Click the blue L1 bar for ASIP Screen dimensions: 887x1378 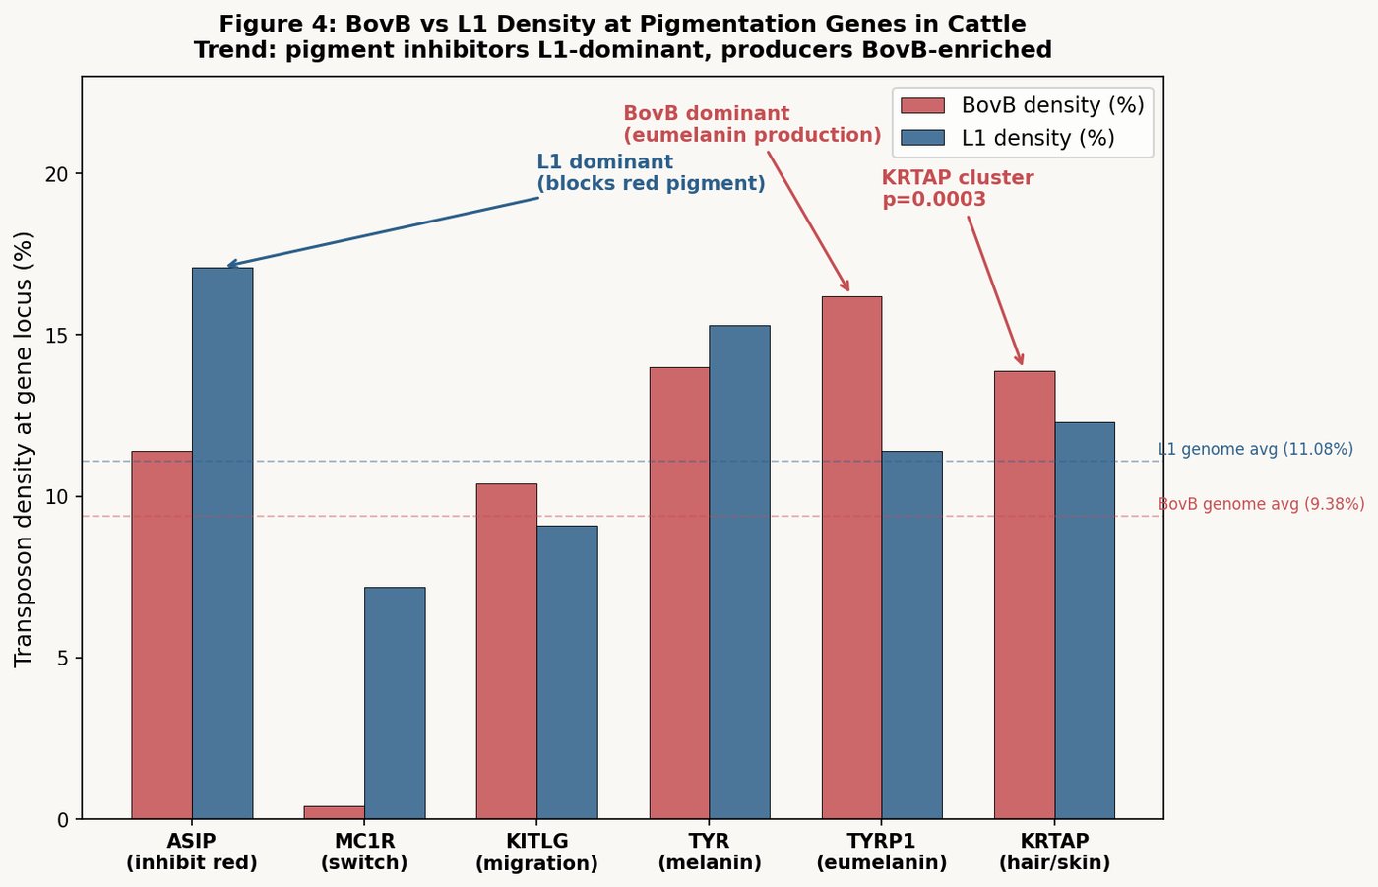[x=222, y=542]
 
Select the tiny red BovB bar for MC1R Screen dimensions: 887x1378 [x=334, y=812]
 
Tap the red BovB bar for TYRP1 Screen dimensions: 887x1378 [x=851, y=557]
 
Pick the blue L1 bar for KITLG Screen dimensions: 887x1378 [x=567, y=672]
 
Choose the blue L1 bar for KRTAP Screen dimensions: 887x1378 [x=1085, y=620]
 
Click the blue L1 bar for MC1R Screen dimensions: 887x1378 [x=395, y=703]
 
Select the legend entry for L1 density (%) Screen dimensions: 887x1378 [x=1037, y=138]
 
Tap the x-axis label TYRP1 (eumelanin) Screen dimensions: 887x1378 [x=881, y=853]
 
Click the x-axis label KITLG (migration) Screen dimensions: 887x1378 [x=536, y=853]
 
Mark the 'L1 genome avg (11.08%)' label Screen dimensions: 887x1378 [x=1255, y=450]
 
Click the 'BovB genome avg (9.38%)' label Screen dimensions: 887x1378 [x=1261, y=505]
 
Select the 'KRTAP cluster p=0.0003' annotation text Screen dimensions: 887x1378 [x=957, y=189]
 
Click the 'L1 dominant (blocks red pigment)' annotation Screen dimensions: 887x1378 [x=651, y=173]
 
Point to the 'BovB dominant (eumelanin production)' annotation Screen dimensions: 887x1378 [x=752, y=125]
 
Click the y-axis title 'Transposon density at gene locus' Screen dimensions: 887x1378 [x=25, y=449]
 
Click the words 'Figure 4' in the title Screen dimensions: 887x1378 [x=278, y=24]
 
